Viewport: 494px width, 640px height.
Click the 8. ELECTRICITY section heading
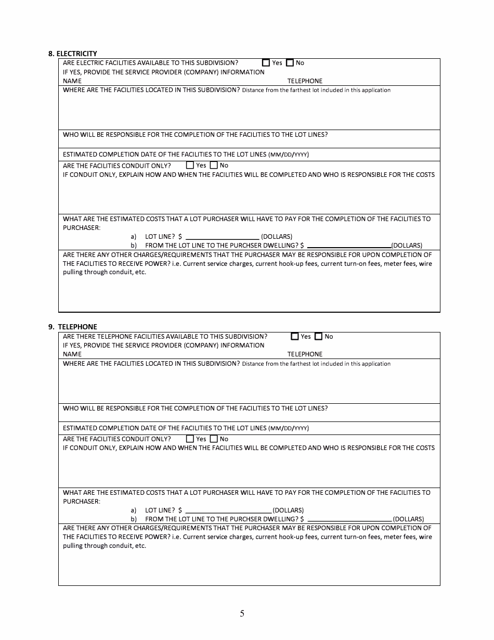click(x=72, y=54)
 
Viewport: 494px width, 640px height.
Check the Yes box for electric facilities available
click(x=266, y=63)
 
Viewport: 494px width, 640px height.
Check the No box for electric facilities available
click(x=290, y=63)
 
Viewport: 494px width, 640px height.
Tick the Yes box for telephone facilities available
click(x=295, y=337)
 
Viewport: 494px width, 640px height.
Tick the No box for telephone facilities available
click(x=319, y=337)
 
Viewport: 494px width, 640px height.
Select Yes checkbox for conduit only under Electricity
click(x=190, y=165)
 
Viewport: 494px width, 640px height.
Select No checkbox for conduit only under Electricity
click(x=214, y=165)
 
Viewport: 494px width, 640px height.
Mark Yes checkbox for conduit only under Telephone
click(x=190, y=439)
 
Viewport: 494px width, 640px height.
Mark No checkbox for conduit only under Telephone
click(x=214, y=439)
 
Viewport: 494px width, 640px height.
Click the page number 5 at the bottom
click(x=242, y=613)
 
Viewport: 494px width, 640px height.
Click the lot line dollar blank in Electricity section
click(x=222, y=237)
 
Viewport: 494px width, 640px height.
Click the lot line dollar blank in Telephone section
click(x=228, y=510)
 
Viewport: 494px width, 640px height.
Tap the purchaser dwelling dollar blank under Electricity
click(x=349, y=246)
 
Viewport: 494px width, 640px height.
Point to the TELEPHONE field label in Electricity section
click(x=305, y=81)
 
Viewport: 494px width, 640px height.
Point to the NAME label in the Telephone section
click(x=72, y=354)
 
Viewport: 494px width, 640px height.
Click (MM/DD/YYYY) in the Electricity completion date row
click(x=289, y=155)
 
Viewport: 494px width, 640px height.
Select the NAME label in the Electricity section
click(x=72, y=81)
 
